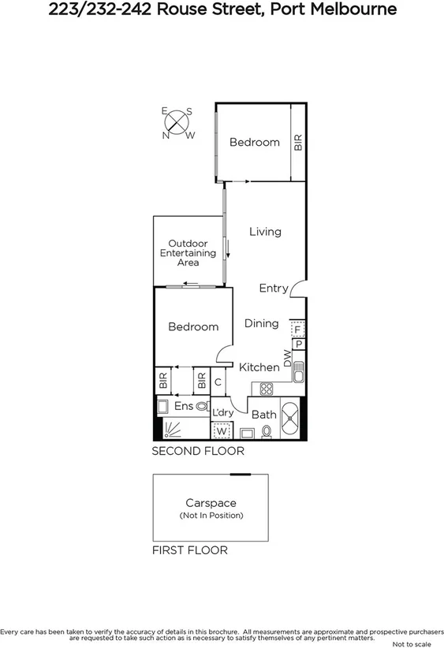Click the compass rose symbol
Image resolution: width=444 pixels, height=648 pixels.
[178, 123]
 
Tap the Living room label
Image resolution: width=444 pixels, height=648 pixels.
[265, 232]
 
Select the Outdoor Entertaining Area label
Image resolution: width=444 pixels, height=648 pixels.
[188, 253]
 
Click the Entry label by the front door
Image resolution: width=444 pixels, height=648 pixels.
[274, 289]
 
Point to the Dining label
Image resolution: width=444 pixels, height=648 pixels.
[261, 323]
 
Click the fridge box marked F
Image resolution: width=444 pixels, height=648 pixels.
[297, 329]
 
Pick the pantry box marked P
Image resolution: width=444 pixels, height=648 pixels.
[299, 344]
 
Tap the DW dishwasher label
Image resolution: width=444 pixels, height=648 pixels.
[288, 358]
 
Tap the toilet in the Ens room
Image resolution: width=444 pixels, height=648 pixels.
[202, 407]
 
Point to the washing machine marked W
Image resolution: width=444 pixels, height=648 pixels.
[222, 431]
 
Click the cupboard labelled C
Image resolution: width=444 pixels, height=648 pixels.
[218, 382]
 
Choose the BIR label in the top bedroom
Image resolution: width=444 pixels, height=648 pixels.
[297, 142]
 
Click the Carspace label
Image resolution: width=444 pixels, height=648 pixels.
[211, 502]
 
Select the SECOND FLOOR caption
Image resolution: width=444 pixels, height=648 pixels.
[198, 452]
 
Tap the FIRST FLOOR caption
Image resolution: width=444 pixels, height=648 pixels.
[189, 550]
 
